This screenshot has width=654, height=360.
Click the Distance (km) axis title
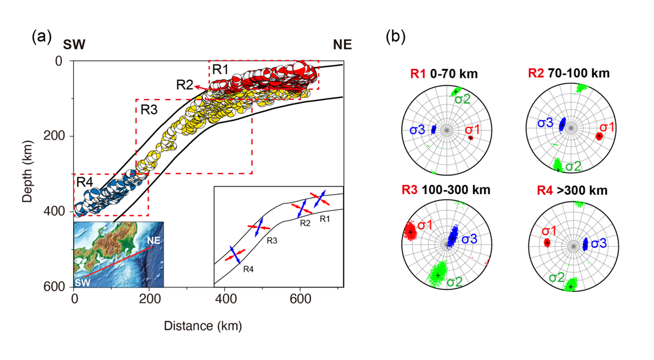[x=203, y=326]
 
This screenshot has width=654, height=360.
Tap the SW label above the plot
[x=74, y=45]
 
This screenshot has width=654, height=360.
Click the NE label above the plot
[x=342, y=45]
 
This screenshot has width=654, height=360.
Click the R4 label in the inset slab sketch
[x=248, y=269]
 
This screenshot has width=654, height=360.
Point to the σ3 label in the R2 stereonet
[x=545, y=123]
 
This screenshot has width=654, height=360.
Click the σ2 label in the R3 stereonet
[x=455, y=282]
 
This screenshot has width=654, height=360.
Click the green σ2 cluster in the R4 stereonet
[x=570, y=284]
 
